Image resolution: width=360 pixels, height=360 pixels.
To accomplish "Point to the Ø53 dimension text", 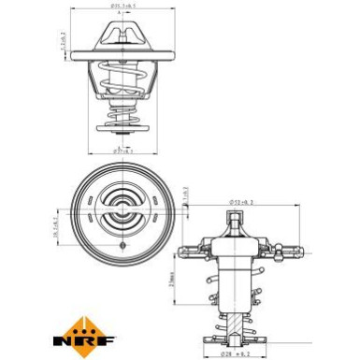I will coord(242,202).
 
